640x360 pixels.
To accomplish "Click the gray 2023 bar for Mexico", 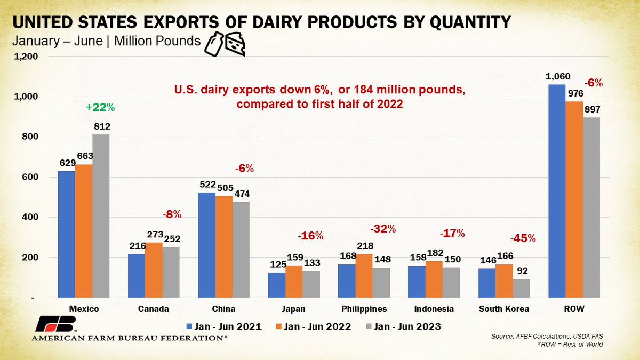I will click(101, 216).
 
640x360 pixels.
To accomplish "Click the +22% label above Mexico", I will click(100, 107).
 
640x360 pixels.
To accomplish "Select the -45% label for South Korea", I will click(523, 238).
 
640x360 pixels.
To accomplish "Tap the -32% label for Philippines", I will click(383, 229).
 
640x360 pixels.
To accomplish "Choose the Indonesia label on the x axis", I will click(434, 309).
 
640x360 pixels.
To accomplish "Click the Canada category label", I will click(154, 309).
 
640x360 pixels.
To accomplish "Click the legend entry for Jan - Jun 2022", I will click(311, 327).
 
